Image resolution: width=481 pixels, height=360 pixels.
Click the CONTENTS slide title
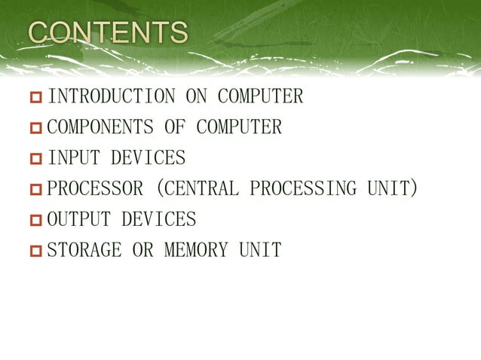[108, 33]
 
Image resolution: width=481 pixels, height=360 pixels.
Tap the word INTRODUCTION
[111, 97]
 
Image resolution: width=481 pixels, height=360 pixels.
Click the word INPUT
[73, 159]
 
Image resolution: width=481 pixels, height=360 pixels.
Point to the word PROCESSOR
[94, 189]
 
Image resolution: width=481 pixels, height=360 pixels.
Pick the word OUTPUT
[78, 220]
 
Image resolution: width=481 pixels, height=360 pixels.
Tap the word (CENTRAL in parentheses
[196, 189]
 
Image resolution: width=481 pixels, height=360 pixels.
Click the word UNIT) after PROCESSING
[392, 189]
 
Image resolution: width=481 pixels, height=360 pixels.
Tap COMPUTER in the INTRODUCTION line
[260, 97]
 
